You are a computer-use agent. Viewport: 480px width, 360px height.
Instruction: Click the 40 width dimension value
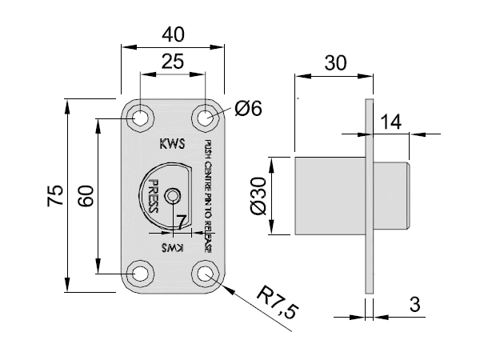173,34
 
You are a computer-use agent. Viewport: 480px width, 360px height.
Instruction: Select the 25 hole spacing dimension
173,61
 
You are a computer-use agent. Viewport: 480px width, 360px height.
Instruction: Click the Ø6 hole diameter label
248,109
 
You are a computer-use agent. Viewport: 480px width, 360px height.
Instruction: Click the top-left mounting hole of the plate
141,118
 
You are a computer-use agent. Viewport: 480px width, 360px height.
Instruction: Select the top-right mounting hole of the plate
206,118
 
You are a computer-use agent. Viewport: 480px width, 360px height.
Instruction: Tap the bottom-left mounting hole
141,274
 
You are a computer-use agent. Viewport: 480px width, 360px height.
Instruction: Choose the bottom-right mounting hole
206,274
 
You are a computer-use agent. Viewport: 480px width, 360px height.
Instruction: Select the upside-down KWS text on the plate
172,248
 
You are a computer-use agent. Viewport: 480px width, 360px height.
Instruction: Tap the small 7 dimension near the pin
181,220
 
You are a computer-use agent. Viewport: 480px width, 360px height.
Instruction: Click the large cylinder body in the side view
330,196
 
